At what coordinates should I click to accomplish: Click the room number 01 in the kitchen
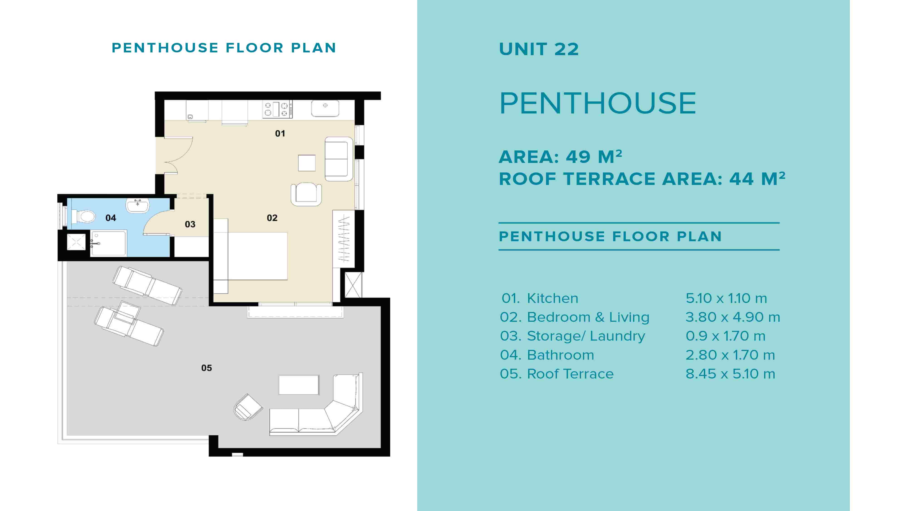(x=280, y=134)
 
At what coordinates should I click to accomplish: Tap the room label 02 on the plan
(x=272, y=218)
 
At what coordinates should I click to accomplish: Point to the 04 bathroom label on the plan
(x=111, y=218)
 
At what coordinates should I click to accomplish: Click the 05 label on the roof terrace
(x=206, y=368)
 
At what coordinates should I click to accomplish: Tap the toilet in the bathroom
(x=83, y=216)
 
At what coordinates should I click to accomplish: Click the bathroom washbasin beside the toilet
(x=138, y=205)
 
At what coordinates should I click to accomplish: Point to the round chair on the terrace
(x=248, y=407)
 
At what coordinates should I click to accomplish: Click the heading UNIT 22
(x=539, y=49)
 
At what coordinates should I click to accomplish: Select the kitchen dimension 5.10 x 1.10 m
(x=726, y=298)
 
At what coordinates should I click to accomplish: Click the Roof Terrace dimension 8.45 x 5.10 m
(x=730, y=374)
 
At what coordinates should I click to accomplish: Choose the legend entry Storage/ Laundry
(x=586, y=336)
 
